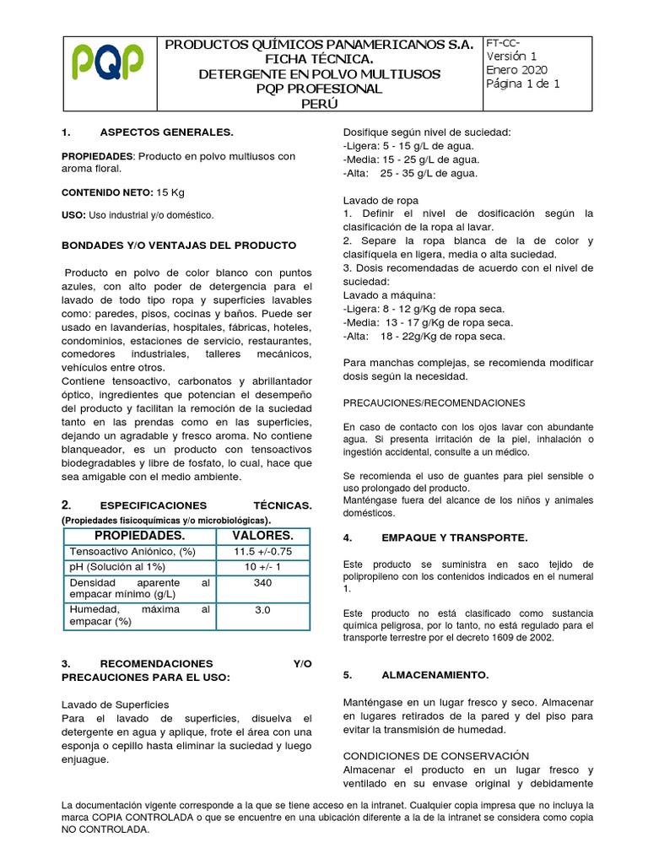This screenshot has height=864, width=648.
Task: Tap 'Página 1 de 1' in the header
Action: [522, 84]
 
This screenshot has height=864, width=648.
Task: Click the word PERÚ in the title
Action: [319, 104]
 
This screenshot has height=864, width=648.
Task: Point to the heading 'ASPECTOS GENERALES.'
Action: [166, 133]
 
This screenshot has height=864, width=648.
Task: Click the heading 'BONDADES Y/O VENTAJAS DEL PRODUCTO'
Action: [179, 245]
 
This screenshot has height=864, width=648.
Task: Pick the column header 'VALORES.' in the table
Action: [263, 536]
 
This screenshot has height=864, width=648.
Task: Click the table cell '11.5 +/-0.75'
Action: [262, 552]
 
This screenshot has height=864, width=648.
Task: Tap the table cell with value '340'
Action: [262, 583]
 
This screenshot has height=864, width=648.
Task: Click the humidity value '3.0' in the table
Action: [262, 609]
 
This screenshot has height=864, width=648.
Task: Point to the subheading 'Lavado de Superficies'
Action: [116, 704]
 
